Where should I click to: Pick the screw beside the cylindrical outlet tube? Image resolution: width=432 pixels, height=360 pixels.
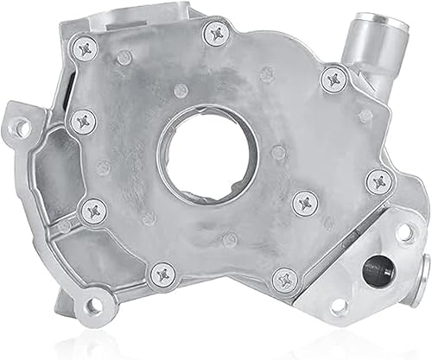pyautogui.click(x=334, y=80)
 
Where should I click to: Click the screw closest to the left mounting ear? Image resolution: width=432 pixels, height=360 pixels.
pyautogui.click(x=84, y=120)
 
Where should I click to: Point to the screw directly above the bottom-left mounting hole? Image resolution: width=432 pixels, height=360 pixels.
pyautogui.click(x=92, y=210)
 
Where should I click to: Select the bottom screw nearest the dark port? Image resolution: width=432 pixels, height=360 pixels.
pyautogui.click(x=284, y=278)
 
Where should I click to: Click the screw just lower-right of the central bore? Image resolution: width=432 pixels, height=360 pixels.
pyautogui.click(x=305, y=203)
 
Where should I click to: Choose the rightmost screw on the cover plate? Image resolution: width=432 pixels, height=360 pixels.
pyautogui.click(x=379, y=182)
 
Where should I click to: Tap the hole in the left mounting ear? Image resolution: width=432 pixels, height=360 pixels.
pyautogui.click(x=22, y=128)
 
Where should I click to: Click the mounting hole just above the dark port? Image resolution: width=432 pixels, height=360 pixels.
pyautogui.click(x=402, y=232)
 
